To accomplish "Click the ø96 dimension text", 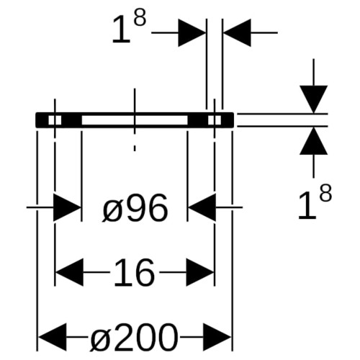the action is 135,208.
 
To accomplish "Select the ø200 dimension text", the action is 134,337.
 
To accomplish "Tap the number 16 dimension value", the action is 134,273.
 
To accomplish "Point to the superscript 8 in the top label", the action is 140,18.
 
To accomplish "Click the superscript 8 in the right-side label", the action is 325,193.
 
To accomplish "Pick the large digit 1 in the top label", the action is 121,30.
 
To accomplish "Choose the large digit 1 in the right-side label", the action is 307,205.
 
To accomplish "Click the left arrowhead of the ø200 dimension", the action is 53,337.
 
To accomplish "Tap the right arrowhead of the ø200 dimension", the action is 217,337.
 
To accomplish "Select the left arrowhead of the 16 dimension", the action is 70,272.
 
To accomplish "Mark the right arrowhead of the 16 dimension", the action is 200,272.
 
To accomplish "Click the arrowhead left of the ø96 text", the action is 66,207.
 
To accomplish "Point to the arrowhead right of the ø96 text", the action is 202,207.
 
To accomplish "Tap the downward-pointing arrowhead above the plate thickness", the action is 314,99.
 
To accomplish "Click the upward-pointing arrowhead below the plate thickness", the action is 314,140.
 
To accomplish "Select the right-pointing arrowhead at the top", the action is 192,32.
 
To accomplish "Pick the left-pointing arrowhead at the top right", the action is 237,32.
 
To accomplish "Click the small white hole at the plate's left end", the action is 55,120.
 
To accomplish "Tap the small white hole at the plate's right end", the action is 215,120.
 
